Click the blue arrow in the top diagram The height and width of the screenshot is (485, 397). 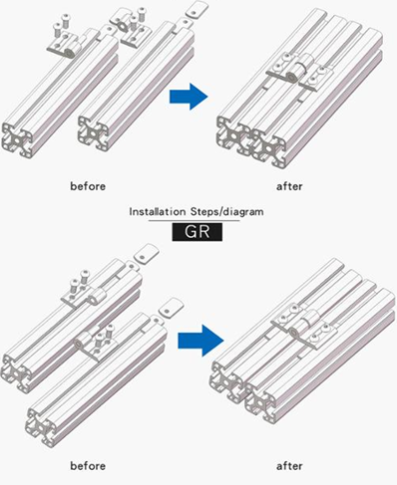pyautogui.click(x=189, y=97)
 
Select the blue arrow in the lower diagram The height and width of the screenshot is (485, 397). pyautogui.click(x=200, y=341)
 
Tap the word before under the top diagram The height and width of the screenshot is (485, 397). pyautogui.click(x=88, y=186)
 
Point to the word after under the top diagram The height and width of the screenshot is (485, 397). pyautogui.click(x=289, y=186)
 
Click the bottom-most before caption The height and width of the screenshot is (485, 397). pyautogui.click(x=88, y=466)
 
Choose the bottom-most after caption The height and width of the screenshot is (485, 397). pyautogui.click(x=289, y=466)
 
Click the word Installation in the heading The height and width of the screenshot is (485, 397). pyautogui.click(x=158, y=211)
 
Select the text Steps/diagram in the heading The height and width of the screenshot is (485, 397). pyautogui.click(x=227, y=211)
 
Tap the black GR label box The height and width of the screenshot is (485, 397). pyautogui.click(x=198, y=232)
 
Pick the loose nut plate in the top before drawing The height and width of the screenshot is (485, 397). pyautogui.click(x=197, y=9)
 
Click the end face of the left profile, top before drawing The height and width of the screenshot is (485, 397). pyautogui.click(x=18, y=139)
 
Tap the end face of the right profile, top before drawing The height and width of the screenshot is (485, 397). pyautogui.click(x=94, y=132)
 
